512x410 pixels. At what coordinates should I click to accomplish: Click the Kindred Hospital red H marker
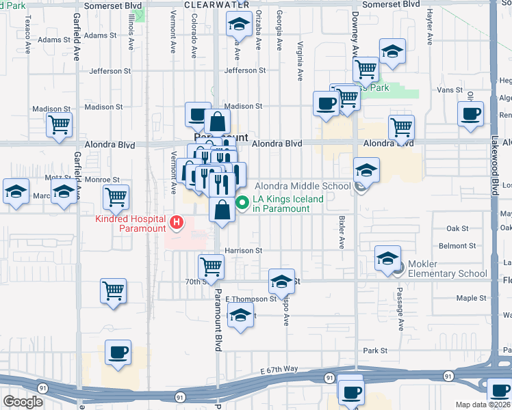pyautogui.click(x=177, y=222)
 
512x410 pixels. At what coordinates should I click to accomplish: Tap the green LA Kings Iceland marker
pyautogui.click(x=242, y=203)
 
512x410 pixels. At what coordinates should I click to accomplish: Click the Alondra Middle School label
pyautogui.click(x=303, y=186)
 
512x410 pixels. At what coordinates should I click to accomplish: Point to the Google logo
pyautogui.click(x=23, y=402)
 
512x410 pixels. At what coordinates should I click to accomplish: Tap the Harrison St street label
pyautogui.click(x=244, y=251)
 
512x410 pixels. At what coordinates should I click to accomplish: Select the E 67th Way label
pyautogui.click(x=279, y=370)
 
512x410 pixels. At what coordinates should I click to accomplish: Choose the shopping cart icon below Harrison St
pyautogui.click(x=211, y=265)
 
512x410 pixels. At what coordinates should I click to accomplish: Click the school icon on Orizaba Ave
pyautogui.click(x=239, y=25)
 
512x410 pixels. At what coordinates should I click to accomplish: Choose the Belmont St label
pyautogui.click(x=457, y=246)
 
